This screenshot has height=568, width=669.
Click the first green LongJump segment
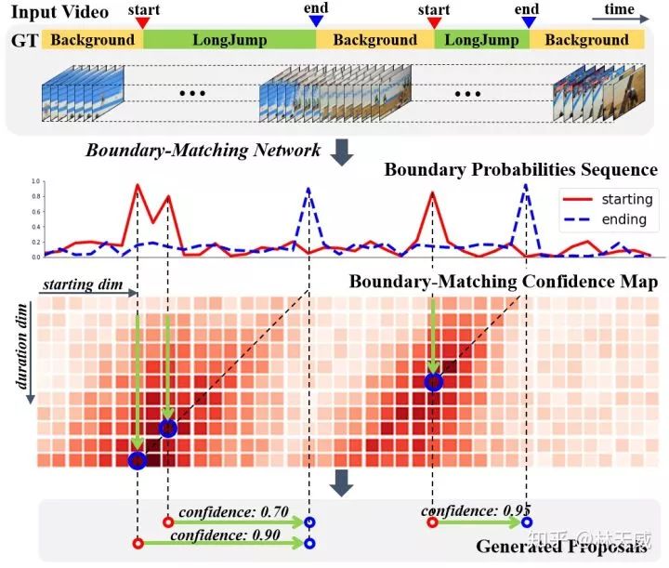(x=230, y=40)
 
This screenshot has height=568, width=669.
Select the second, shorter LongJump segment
(x=481, y=40)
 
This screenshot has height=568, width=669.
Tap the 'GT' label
(x=23, y=40)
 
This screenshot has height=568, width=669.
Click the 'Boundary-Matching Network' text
(x=203, y=149)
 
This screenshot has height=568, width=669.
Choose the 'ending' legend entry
(x=623, y=219)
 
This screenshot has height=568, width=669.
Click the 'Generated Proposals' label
(x=561, y=546)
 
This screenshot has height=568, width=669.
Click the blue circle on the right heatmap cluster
(x=432, y=381)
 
